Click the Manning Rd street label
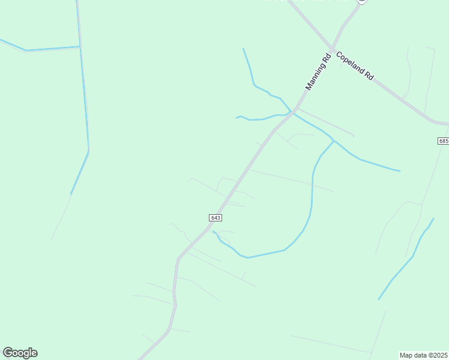coord(318,72)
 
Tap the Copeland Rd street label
coord(355,66)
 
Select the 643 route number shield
coord(216,217)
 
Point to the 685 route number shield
coord(443,141)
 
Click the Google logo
coord(20,353)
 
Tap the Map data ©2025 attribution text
coord(423,355)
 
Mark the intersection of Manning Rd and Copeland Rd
coord(331,49)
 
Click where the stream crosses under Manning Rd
coord(292,112)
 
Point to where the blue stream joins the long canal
coord(80,46)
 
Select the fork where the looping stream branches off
coord(334,142)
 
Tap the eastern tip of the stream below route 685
coord(399,171)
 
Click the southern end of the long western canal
coord(71,194)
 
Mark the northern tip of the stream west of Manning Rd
coord(243,49)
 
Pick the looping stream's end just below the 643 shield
coord(213,231)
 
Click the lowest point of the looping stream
coord(247,258)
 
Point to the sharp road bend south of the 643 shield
coord(178,259)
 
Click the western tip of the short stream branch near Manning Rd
coord(237,117)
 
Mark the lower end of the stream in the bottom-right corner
coord(378,299)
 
